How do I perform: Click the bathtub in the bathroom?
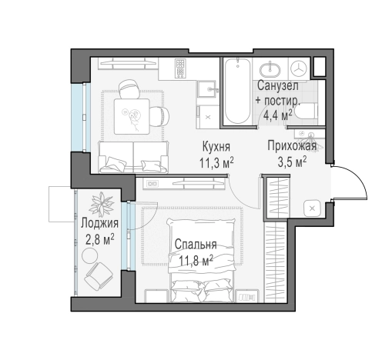coord(237,91)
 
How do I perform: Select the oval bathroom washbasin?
coord(270,69)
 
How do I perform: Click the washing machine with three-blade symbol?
coord(299,68)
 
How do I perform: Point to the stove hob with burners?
coord(180,68)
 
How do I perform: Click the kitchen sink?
coord(207,88)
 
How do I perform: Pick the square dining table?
coord(132,116)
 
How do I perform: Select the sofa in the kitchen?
coord(133,157)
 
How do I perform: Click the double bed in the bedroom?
coord(202,260)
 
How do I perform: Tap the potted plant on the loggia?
coord(101,205)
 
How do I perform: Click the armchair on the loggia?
coord(99,276)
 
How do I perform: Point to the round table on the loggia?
coord(89,255)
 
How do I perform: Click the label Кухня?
coord(216,147)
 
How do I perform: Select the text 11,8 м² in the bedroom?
coord(196,261)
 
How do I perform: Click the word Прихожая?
coord(292,146)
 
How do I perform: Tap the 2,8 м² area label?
coord(99,240)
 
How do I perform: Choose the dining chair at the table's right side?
coord(159,116)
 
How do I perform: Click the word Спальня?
coord(196,245)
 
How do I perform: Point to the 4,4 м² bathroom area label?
coord(278,115)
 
